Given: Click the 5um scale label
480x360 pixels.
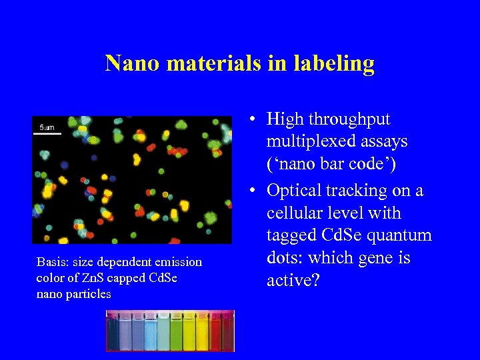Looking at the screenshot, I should click(47, 127).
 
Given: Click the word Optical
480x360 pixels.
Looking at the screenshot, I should click(299, 191).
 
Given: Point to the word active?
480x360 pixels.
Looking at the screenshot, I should click(293, 281).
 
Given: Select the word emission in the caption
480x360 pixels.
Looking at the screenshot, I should click(169, 262).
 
